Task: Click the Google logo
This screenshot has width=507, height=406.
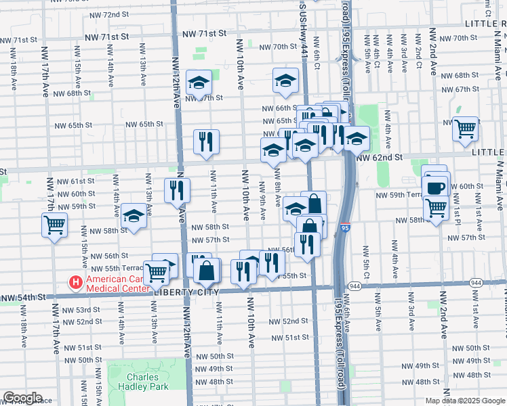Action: click(22, 398)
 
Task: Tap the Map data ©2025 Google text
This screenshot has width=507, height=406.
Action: click(465, 401)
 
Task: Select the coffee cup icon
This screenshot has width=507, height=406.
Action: click(436, 187)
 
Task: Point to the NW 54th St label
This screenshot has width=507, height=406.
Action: click(23, 297)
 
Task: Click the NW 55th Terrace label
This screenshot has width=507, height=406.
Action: click(108, 269)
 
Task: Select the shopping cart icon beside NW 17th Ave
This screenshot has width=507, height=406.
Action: click(54, 224)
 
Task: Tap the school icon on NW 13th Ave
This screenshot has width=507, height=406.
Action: click(134, 216)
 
